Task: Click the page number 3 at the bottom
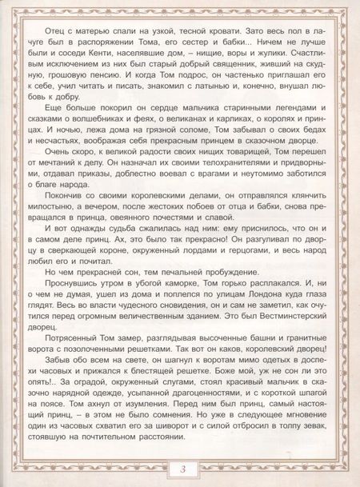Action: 181,468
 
